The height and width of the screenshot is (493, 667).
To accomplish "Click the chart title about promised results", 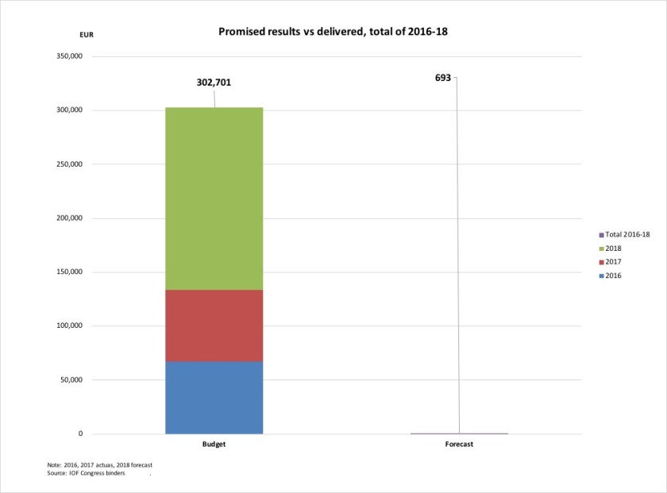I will click(x=334, y=32).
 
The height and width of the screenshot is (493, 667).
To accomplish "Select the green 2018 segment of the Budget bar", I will click(x=214, y=198).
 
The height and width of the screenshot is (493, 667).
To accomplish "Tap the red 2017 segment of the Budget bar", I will click(x=214, y=325).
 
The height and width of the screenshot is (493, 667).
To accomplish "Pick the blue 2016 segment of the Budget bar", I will click(x=214, y=398).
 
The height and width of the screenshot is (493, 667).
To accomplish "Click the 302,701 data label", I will click(x=214, y=82).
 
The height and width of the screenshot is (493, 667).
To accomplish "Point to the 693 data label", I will click(x=442, y=78).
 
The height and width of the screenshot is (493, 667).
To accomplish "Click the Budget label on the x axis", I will click(x=214, y=445).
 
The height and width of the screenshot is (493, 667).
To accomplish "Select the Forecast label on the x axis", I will click(x=459, y=445).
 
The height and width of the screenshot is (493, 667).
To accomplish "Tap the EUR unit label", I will click(x=86, y=35).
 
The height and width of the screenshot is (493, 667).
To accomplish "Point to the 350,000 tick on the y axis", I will click(x=67, y=56).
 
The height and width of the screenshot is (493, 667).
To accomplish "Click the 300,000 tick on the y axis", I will click(x=67, y=110).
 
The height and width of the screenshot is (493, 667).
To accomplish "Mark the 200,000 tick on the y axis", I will click(x=67, y=218).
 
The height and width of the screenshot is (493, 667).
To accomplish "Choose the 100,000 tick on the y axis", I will click(x=67, y=326).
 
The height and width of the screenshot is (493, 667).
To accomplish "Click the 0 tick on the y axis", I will click(x=80, y=434).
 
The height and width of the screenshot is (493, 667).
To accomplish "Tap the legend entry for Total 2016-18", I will click(x=627, y=235).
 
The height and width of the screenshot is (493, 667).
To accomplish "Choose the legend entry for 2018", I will click(x=612, y=248).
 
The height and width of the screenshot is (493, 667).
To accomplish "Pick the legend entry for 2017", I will click(x=612, y=262).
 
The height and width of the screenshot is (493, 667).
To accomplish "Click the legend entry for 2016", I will click(x=612, y=275).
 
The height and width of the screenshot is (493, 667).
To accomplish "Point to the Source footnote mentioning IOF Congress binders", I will click(x=87, y=473).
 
